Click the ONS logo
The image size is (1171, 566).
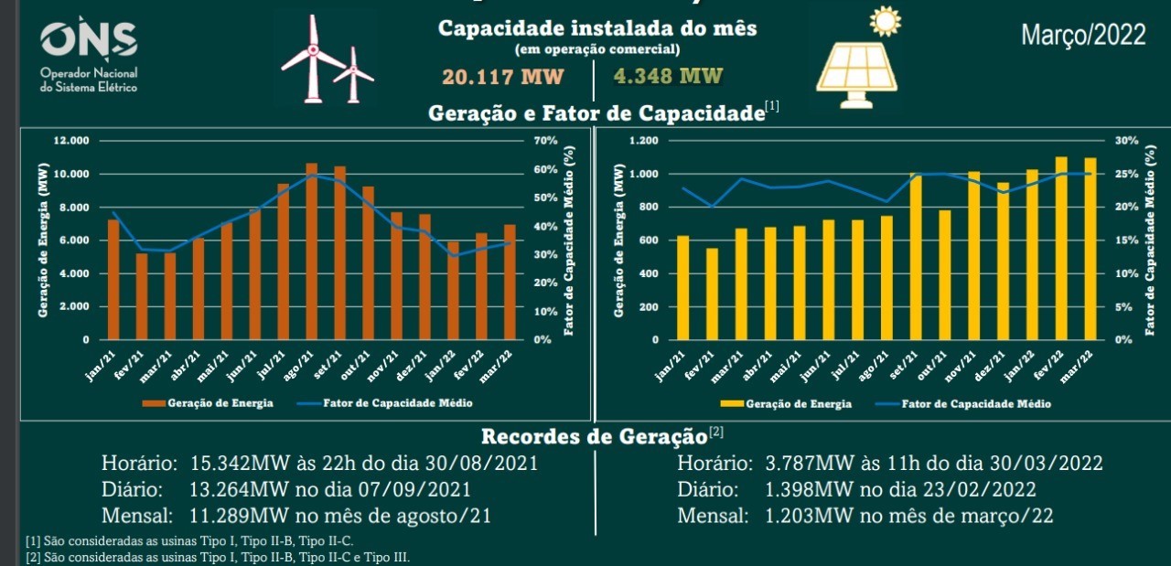click(x=89, y=41)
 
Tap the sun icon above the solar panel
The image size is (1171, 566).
click(x=885, y=21)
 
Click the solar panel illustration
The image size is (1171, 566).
click(x=856, y=71)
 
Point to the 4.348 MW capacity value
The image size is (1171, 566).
click(x=669, y=76)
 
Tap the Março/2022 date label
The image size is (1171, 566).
click(x=1083, y=36)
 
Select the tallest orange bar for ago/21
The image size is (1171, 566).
click(x=312, y=251)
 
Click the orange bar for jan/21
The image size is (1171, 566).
click(x=113, y=280)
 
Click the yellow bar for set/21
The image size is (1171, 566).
click(x=917, y=257)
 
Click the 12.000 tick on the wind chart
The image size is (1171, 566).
click(x=71, y=141)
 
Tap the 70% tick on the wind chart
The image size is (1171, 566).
click(x=545, y=141)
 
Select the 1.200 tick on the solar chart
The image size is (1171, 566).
click(x=643, y=141)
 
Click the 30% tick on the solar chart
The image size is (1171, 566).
click(x=1126, y=141)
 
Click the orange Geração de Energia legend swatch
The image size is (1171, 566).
click(x=152, y=403)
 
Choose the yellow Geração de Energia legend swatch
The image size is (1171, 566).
click(x=731, y=403)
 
